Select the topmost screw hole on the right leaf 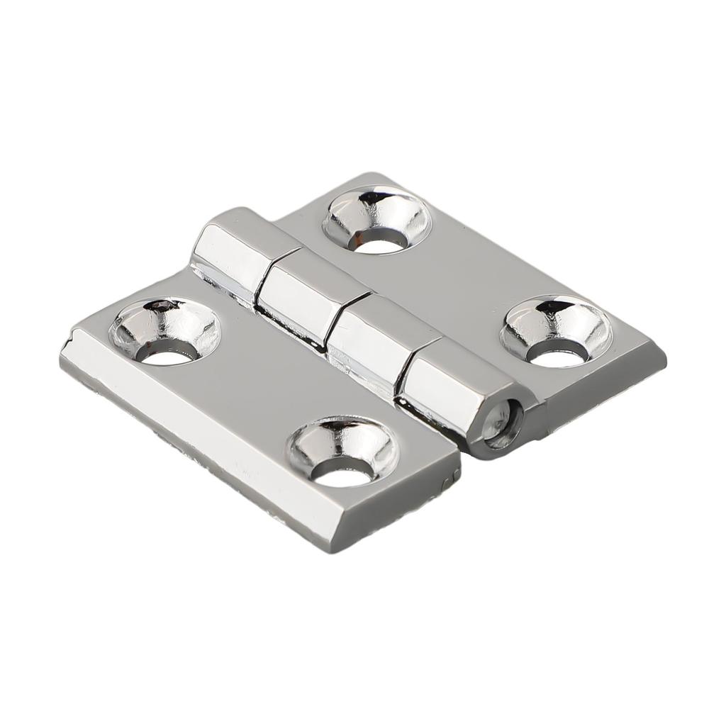tap(376, 220)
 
